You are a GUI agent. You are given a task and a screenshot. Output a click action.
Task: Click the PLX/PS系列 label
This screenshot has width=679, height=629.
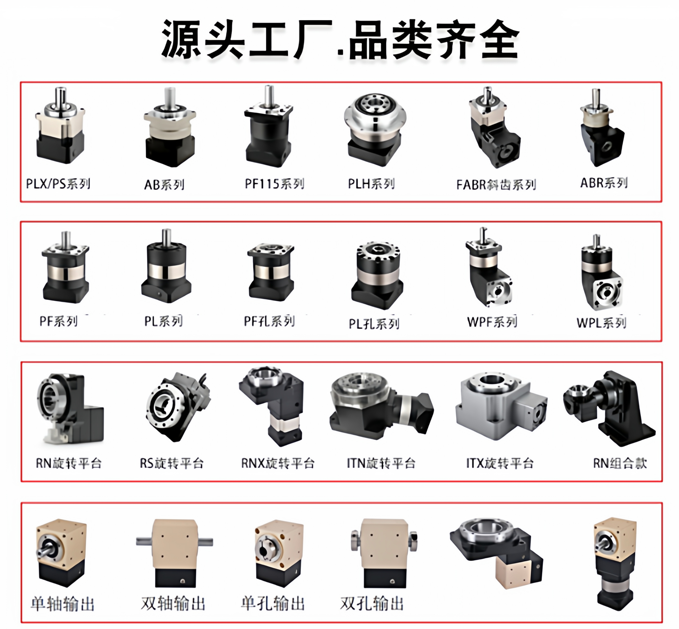click(58, 184)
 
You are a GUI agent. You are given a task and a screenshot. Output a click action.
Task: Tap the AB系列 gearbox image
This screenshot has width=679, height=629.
click(169, 129)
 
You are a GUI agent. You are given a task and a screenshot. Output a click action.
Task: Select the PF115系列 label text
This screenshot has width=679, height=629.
click(274, 184)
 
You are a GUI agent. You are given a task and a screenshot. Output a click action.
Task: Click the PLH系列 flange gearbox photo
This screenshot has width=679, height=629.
click(375, 129)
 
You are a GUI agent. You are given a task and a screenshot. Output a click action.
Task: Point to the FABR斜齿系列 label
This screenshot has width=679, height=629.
click(496, 185)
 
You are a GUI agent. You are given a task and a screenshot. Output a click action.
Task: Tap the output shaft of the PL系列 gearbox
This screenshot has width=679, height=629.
click(166, 236)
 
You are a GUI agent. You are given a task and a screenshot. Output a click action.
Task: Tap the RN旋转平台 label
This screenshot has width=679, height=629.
click(69, 463)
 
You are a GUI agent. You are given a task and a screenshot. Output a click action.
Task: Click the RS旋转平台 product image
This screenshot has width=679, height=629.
click(177, 407)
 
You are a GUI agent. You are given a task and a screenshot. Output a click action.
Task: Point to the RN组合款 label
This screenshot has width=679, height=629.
click(620, 463)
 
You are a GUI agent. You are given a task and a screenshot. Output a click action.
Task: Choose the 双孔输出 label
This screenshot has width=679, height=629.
click(372, 603)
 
